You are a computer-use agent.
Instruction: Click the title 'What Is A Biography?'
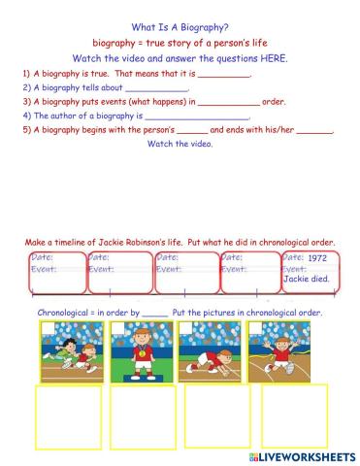[180, 28]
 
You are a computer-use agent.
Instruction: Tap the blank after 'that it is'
[224, 74]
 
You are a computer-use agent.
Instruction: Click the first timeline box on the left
[54, 273]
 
